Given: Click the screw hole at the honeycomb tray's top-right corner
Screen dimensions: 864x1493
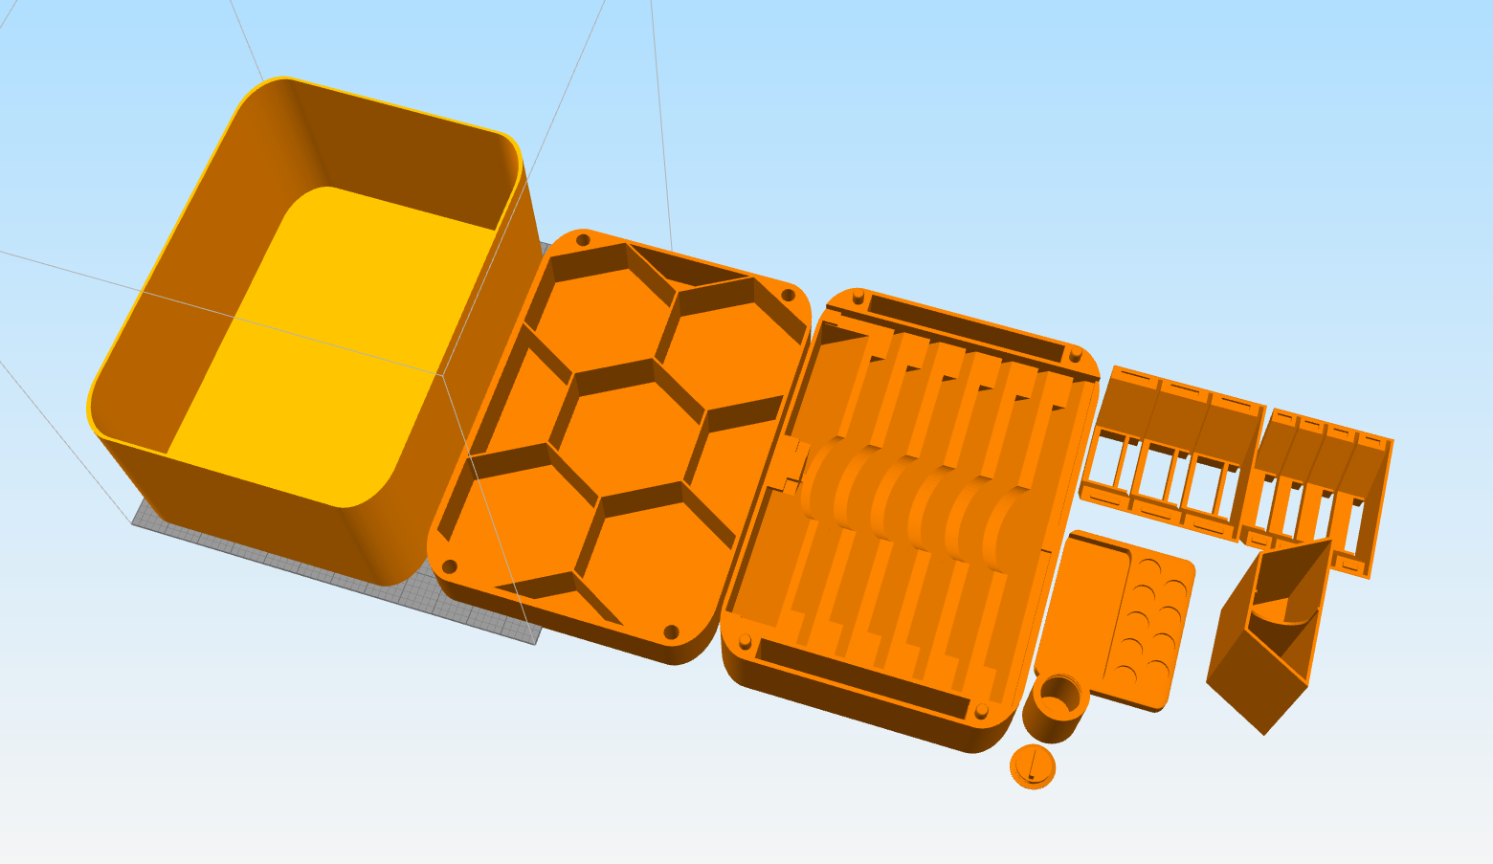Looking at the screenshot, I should coord(788,295).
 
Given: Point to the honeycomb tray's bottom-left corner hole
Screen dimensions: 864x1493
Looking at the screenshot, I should coord(449,565).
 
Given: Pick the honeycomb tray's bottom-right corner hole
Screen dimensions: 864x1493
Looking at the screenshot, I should coord(671,632).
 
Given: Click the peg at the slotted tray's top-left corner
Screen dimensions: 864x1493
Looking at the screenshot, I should coord(858,296).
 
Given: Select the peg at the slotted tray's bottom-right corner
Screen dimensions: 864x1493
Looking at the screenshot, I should coord(981,710).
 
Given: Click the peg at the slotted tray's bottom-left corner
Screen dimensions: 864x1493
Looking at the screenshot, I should coord(744,640).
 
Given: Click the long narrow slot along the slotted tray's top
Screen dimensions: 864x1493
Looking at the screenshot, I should coord(967,325).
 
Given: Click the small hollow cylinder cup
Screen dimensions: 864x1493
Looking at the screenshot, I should coord(1056,707).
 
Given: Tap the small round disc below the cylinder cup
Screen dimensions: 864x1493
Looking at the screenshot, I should coord(1033,765).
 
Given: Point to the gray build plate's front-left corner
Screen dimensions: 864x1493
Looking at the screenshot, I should coord(134,521).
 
